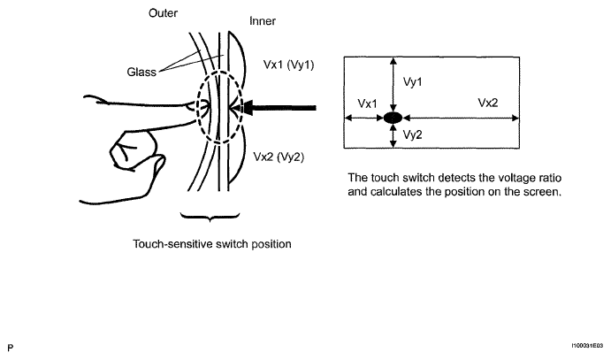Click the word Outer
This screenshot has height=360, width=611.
point(163,13)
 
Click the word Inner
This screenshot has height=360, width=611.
point(263,20)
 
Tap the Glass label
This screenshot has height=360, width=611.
point(141,72)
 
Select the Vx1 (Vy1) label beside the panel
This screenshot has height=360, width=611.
point(288,65)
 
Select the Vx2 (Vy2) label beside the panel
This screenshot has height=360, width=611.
point(279,157)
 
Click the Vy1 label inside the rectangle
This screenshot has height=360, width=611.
point(412,82)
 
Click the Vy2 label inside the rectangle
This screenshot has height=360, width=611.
point(412,134)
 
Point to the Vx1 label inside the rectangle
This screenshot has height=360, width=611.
point(367,103)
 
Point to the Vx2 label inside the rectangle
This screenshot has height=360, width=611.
point(488,103)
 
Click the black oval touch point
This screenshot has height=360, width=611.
point(393,118)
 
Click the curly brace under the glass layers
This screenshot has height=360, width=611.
point(210,217)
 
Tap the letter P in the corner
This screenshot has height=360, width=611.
point(10,348)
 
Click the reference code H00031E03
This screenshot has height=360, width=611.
point(587,346)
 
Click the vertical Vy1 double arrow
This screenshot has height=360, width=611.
point(393,85)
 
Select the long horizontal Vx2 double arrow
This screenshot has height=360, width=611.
point(461,118)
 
